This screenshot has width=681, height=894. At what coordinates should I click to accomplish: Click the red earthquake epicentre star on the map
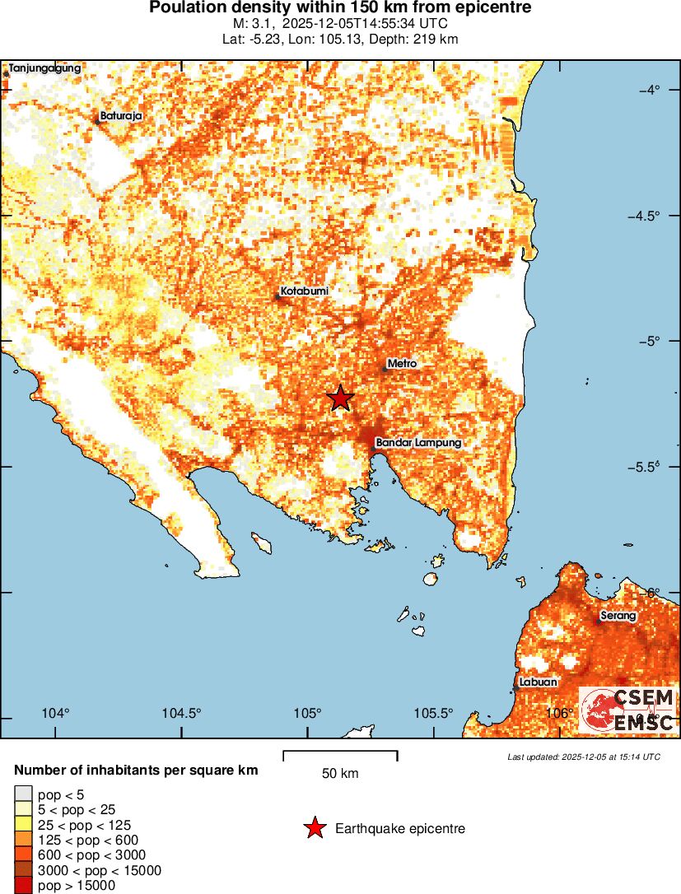340,398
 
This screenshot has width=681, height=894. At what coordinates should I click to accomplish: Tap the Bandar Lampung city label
418,443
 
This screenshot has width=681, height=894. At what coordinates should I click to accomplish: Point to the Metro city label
402,363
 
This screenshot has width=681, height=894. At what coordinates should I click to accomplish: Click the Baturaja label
121,116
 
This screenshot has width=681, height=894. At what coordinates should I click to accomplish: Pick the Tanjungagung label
44,68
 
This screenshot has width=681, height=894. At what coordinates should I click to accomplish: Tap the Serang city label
617,615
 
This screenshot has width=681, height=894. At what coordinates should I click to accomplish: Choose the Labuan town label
539,682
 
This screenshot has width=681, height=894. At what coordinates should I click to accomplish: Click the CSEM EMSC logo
627,710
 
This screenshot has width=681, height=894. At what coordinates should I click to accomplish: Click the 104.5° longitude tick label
181,713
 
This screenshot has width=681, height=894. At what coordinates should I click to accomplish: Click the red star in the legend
314,828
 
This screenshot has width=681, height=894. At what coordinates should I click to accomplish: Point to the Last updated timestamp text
583,757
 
